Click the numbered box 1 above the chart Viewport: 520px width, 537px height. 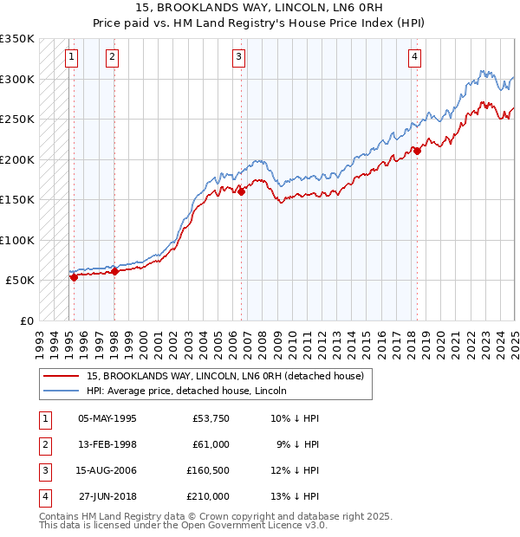[x=70, y=58]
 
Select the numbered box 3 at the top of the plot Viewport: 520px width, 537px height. [x=238, y=58]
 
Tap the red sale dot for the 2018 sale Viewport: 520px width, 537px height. [x=417, y=151]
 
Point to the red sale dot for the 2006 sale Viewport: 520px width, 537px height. [x=242, y=192]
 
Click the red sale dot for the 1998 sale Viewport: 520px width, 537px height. [x=114, y=271]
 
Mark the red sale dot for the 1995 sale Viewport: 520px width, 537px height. [x=74, y=278]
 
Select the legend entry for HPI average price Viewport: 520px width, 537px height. [x=190, y=391]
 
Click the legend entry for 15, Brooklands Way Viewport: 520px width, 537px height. [x=230, y=376]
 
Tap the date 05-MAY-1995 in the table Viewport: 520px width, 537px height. [x=107, y=418]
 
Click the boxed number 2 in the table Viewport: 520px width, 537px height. [x=44, y=444]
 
